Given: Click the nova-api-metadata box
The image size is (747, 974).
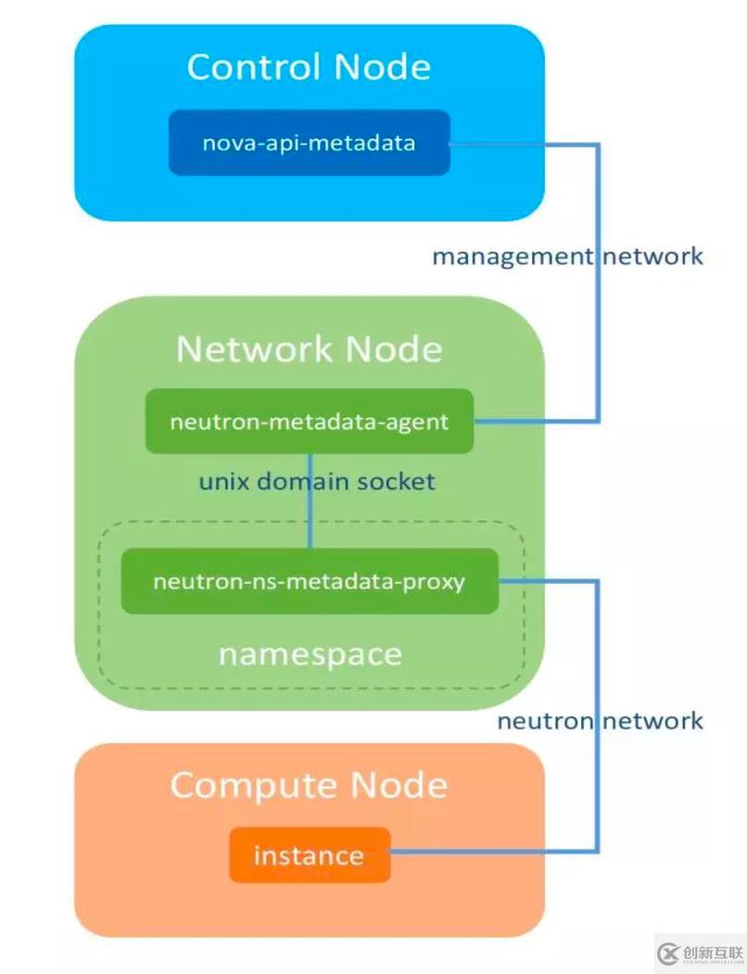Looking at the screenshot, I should [x=309, y=143].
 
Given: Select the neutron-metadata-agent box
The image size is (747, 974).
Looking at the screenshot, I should [x=309, y=422].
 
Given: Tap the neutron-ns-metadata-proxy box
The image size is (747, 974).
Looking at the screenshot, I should [x=309, y=582].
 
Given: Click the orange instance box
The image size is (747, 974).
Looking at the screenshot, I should [x=309, y=854].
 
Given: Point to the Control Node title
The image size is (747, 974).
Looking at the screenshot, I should [x=309, y=67].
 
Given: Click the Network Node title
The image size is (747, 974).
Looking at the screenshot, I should [x=309, y=348].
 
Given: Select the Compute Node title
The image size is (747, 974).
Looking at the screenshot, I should [x=309, y=785].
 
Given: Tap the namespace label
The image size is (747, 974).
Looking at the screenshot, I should [x=310, y=654].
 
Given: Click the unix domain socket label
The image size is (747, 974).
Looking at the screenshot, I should [x=316, y=482].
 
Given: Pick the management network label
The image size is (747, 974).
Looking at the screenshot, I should [x=567, y=256].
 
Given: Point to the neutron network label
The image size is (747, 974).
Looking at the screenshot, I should [x=600, y=721].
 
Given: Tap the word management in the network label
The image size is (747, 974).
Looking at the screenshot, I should [x=511, y=256].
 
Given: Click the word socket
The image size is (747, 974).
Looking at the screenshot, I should [x=399, y=482].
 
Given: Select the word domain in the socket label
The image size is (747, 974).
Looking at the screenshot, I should [x=309, y=482].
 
